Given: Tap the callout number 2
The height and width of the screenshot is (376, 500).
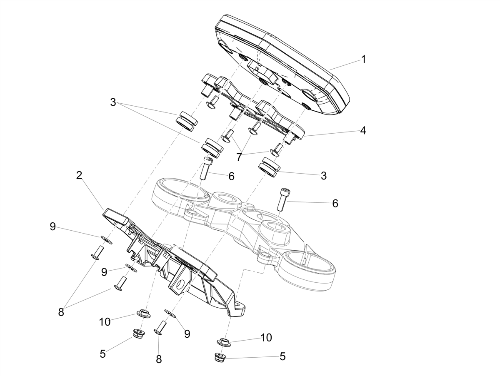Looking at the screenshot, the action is pos(79,175).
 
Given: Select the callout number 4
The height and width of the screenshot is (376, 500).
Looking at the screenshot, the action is pos(363,131).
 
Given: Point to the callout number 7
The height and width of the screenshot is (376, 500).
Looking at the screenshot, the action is pos(239,157).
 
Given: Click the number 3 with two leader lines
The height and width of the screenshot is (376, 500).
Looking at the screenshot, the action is pos(113,102).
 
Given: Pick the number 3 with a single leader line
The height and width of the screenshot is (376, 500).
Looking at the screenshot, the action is pos(323,176).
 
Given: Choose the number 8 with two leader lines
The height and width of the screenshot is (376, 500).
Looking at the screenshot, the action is pos(61,312).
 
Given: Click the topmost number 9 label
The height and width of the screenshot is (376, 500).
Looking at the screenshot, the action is pos(52,227).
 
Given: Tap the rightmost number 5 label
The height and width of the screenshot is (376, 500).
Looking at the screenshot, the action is pos(282,357).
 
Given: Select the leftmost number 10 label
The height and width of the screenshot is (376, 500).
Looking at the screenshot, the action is pos(105,322).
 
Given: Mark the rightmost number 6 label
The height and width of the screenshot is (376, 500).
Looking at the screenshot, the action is pos(335,204).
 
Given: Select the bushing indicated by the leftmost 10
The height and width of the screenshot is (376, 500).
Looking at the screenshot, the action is pos(143,314).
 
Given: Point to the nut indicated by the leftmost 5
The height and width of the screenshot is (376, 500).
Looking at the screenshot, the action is pos(139,333).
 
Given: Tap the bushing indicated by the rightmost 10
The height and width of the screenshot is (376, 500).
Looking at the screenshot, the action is pos(224,341).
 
